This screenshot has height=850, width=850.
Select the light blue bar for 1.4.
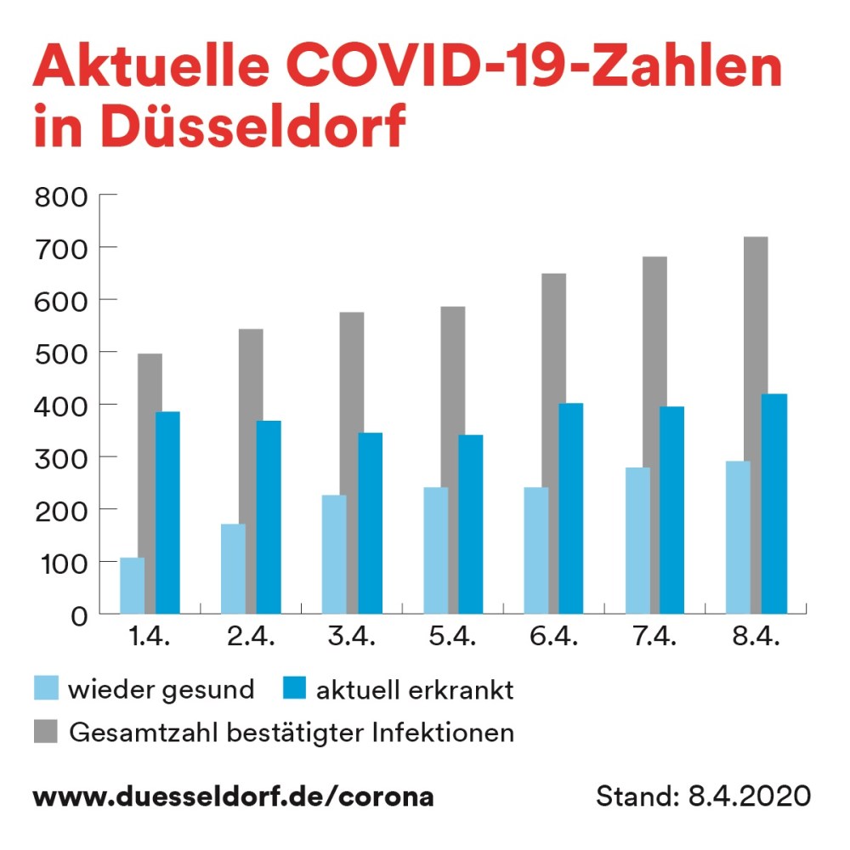[132, 586]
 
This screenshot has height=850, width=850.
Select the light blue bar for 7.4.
[637, 540]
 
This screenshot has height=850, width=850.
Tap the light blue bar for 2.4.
[233, 569]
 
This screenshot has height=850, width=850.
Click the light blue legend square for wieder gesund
[46, 688]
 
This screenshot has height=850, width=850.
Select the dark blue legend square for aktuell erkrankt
[292, 688]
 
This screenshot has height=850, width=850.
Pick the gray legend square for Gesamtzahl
[46, 731]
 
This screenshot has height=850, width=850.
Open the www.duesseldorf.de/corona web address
[233, 797]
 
